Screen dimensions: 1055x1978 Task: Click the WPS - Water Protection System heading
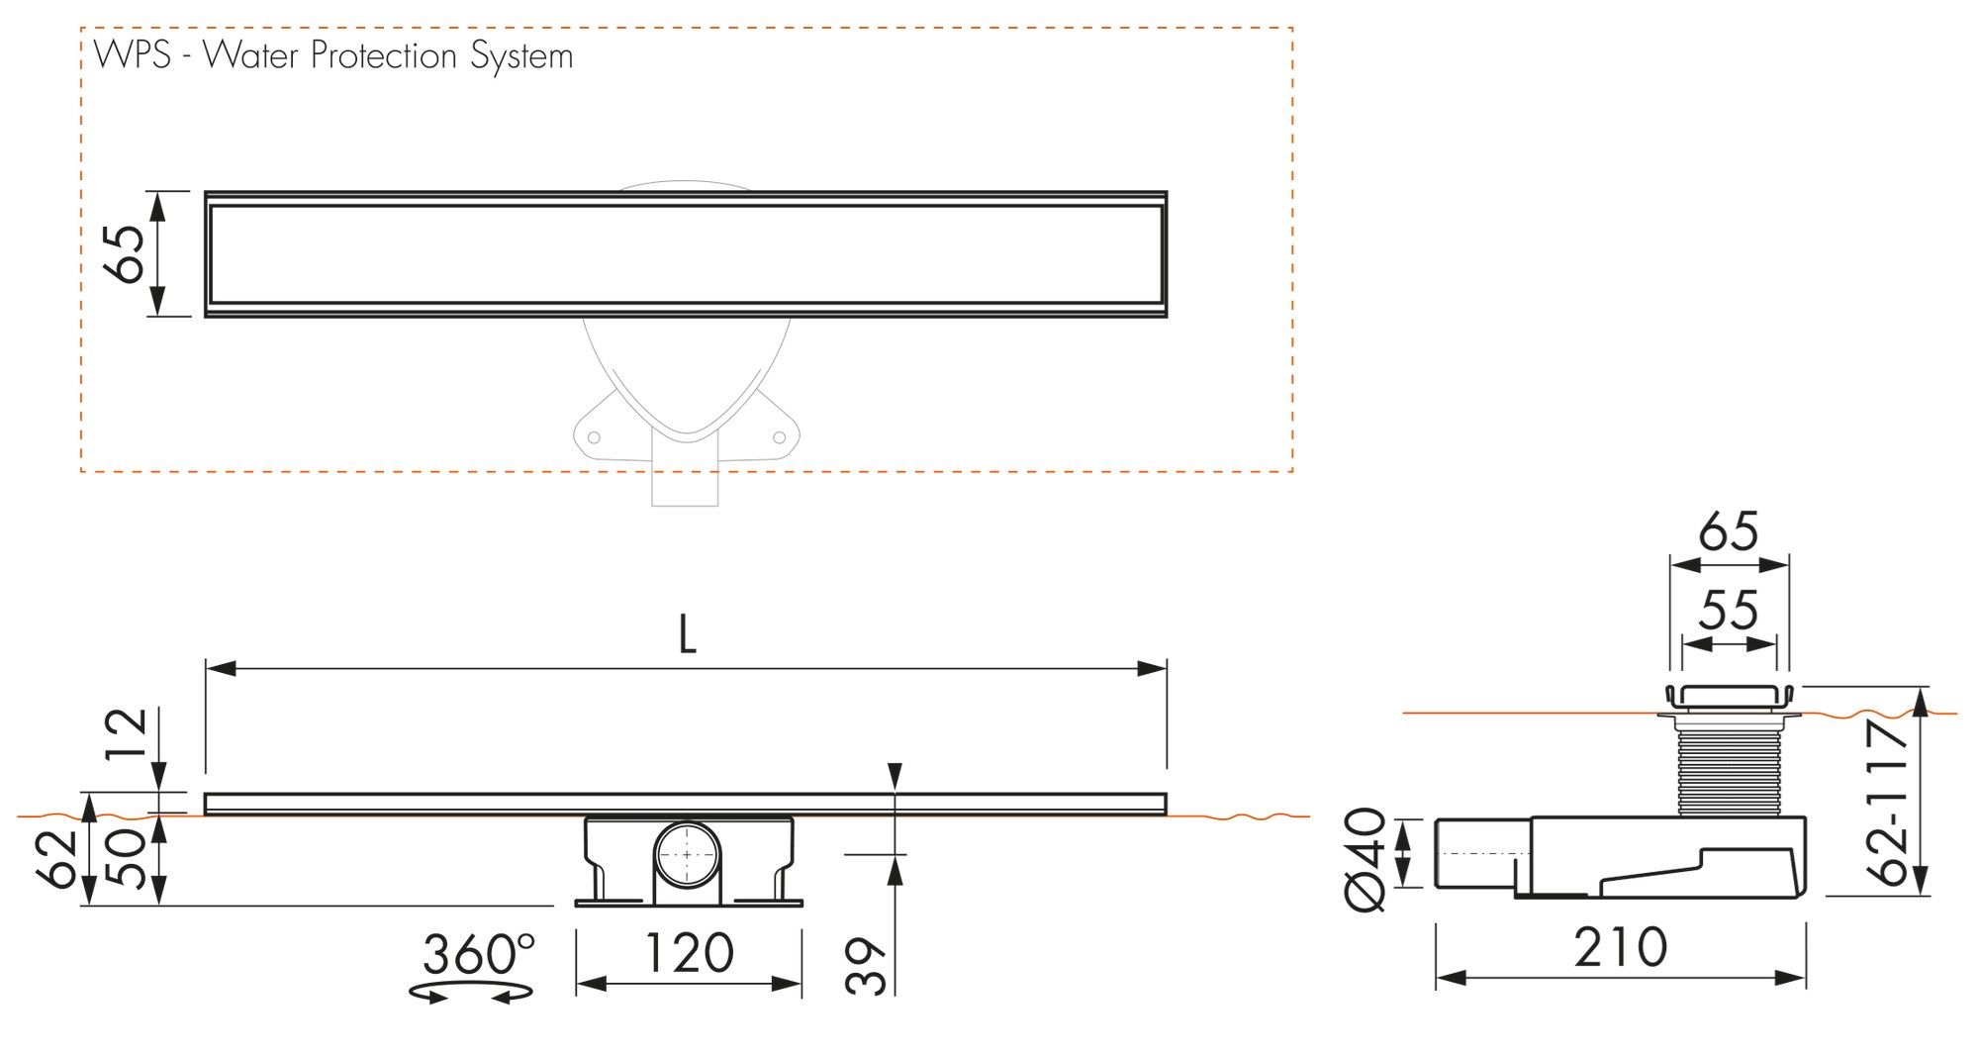(333, 55)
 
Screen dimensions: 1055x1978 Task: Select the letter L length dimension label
(687, 635)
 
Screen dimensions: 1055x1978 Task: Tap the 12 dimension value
(130, 733)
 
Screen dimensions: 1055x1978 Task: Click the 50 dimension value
(127, 858)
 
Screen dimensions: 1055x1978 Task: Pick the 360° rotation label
(478, 954)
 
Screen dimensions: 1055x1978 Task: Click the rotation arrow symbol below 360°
(472, 993)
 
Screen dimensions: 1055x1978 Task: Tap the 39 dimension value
(869, 966)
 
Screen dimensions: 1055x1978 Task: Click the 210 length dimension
(1621, 947)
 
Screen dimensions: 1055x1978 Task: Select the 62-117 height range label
(1887, 803)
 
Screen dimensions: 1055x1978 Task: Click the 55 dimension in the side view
(1729, 611)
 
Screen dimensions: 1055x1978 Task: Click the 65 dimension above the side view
(1729, 532)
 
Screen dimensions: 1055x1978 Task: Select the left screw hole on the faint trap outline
(595, 436)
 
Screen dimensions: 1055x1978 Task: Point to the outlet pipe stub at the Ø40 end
(1474, 853)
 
